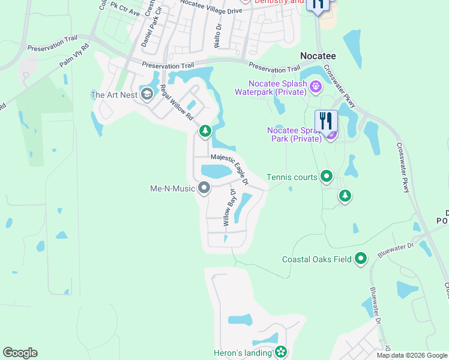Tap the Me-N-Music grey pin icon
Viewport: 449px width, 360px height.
[x=205, y=188]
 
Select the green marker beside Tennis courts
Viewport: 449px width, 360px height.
[x=326, y=176]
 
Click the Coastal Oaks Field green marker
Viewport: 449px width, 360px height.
[x=361, y=259]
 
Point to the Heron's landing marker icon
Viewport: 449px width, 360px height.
[x=280, y=353]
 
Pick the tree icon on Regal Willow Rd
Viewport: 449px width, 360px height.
[x=205, y=131]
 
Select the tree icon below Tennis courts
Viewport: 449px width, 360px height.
[x=345, y=196]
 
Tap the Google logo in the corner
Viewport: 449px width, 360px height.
[x=20, y=353]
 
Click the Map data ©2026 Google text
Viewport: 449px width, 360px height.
[x=411, y=355]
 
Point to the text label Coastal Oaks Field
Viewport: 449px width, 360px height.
[x=316, y=260]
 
